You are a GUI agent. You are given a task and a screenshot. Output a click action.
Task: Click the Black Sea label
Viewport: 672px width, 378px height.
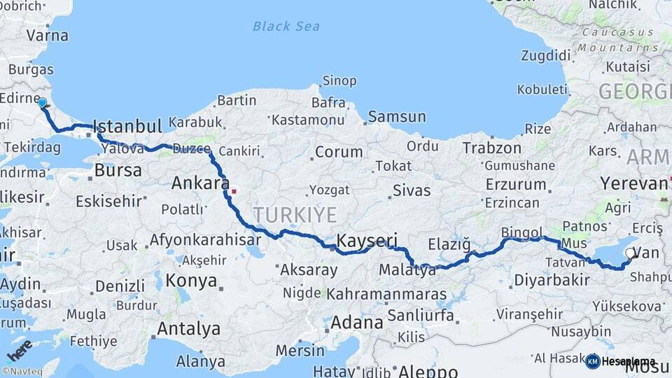(x=286, y=27)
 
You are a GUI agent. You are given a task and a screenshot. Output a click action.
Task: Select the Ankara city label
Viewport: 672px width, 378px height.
(x=201, y=184)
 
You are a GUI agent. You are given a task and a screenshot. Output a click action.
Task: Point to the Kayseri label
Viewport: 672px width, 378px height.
(x=367, y=241)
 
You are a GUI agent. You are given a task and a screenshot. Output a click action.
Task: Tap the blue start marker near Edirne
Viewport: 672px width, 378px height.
(x=43, y=103)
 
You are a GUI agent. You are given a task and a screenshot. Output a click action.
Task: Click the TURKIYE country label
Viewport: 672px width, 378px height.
(x=295, y=214)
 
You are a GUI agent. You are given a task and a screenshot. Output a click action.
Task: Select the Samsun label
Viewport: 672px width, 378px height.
(x=397, y=117)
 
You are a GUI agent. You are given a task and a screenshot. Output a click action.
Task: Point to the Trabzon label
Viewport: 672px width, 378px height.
(x=491, y=148)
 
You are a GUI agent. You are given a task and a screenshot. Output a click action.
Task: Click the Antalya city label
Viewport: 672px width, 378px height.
(x=188, y=328)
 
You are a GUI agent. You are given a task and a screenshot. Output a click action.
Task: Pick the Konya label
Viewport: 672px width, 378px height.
(x=191, y=281)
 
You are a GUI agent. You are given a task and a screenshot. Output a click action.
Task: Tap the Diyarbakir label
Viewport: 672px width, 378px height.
(x=552, y=280)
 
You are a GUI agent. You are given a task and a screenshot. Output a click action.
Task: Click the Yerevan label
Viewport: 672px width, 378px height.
(x=634, y=184)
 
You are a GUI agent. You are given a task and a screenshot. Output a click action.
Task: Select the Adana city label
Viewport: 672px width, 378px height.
(x=356, y=323)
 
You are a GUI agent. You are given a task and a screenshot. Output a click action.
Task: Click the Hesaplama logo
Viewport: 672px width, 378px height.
(x=621, y=361)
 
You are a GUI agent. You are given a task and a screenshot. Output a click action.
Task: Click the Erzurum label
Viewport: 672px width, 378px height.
(x=514, y=185)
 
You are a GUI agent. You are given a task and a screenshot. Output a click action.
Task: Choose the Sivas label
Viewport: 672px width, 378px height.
(x=411, y=190)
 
